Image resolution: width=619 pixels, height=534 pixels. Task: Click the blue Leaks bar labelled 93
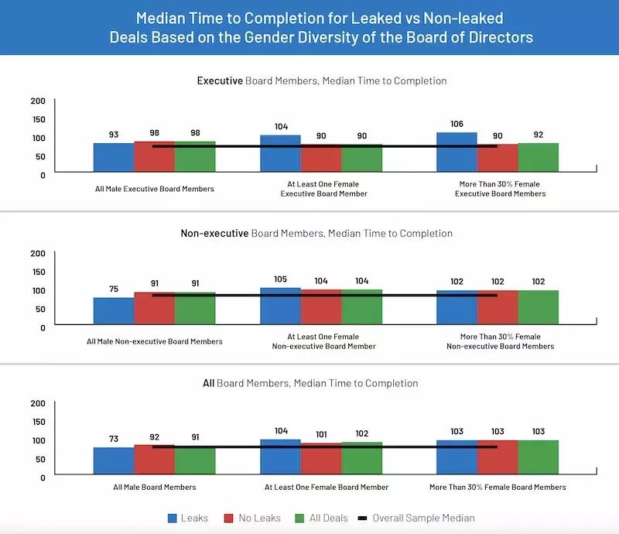(114, 158)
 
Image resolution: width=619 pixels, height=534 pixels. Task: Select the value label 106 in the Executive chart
(457, 123)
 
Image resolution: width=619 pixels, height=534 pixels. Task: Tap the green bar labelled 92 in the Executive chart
(538, 158)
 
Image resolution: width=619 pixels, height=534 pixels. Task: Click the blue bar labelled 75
(114, 310)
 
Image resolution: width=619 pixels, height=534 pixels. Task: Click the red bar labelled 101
(320, 458)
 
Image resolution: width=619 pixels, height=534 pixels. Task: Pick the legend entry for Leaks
(188, 518)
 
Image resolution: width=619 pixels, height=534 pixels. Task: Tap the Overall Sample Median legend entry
(415, 518)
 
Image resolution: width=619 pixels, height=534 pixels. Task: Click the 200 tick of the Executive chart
(38, 101)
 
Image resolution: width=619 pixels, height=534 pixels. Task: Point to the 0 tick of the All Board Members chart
(43, 477)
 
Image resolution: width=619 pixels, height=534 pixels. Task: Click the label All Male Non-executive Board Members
(154, 341)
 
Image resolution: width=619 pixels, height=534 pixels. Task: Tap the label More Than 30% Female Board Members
(498, 487)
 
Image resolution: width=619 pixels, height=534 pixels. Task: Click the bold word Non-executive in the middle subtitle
(214, 233)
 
